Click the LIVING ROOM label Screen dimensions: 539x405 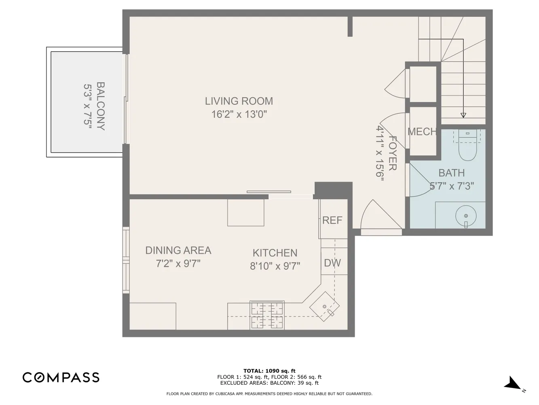pos(239,101)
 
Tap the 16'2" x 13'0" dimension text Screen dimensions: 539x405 pos(239,114)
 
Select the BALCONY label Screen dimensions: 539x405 pos(101,106)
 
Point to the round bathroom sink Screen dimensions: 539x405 pos(466,216)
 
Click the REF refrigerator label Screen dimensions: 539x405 pos(332,220)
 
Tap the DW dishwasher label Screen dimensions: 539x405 pos(332,263)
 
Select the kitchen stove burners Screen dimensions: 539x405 pos(267,315)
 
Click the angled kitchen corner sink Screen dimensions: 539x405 pos(324,307)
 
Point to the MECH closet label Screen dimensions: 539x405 pos(422,132)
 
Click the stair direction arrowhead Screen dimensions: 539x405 pos(463,115)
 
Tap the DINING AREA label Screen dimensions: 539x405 pos(178,250)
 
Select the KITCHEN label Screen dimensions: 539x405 pos(275,253)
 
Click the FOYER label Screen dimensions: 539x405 pos(393,153)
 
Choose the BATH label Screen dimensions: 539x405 pos(452,173)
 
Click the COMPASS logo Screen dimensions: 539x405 pos(61,377)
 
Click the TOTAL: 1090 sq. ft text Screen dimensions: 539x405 pos(269,371)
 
